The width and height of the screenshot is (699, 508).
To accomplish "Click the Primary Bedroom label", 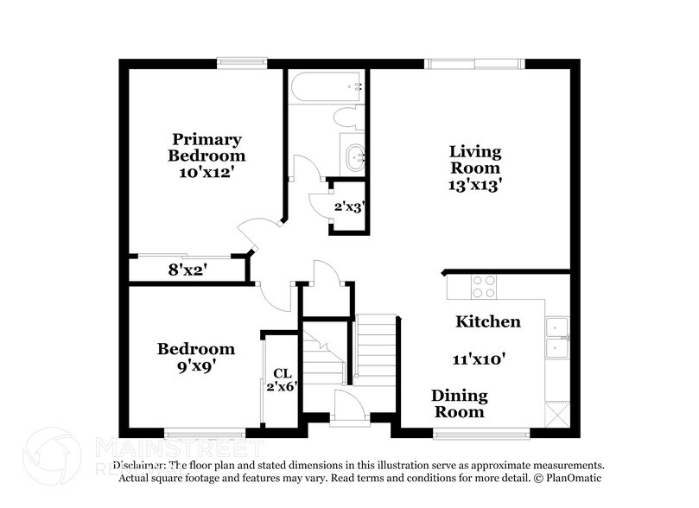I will point(207,147).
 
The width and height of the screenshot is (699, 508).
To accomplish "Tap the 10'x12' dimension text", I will point(207,172).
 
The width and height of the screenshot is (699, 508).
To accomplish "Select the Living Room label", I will point(474,160).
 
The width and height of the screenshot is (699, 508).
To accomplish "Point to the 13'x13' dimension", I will point(474,183).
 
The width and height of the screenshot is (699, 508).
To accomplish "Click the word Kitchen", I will point(488,322).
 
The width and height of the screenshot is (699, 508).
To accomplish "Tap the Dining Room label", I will point(460,403).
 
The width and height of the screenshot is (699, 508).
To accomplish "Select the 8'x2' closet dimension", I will point(187,270).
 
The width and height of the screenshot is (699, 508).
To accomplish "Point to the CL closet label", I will point(282,372).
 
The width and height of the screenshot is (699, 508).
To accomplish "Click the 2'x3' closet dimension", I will point(349,207).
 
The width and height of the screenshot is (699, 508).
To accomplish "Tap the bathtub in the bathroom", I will point(326,87).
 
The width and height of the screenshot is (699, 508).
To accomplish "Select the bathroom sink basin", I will point(354,157).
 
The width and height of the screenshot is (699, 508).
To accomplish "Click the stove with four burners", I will point(484,286).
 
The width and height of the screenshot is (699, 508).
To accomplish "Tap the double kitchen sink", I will point(556,338).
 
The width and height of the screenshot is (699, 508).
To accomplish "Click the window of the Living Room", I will point(473,63).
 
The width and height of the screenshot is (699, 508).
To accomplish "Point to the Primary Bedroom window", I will point(242,62).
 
